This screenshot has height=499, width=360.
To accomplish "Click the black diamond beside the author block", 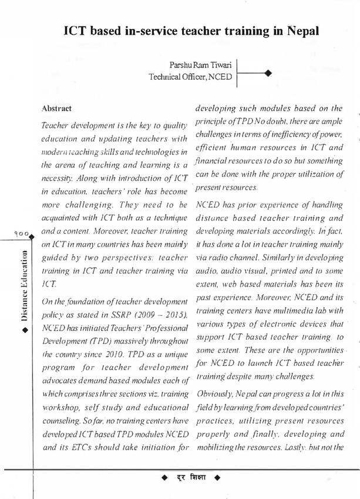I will (268, 73).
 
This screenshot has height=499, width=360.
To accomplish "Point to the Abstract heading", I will (56, 109).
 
